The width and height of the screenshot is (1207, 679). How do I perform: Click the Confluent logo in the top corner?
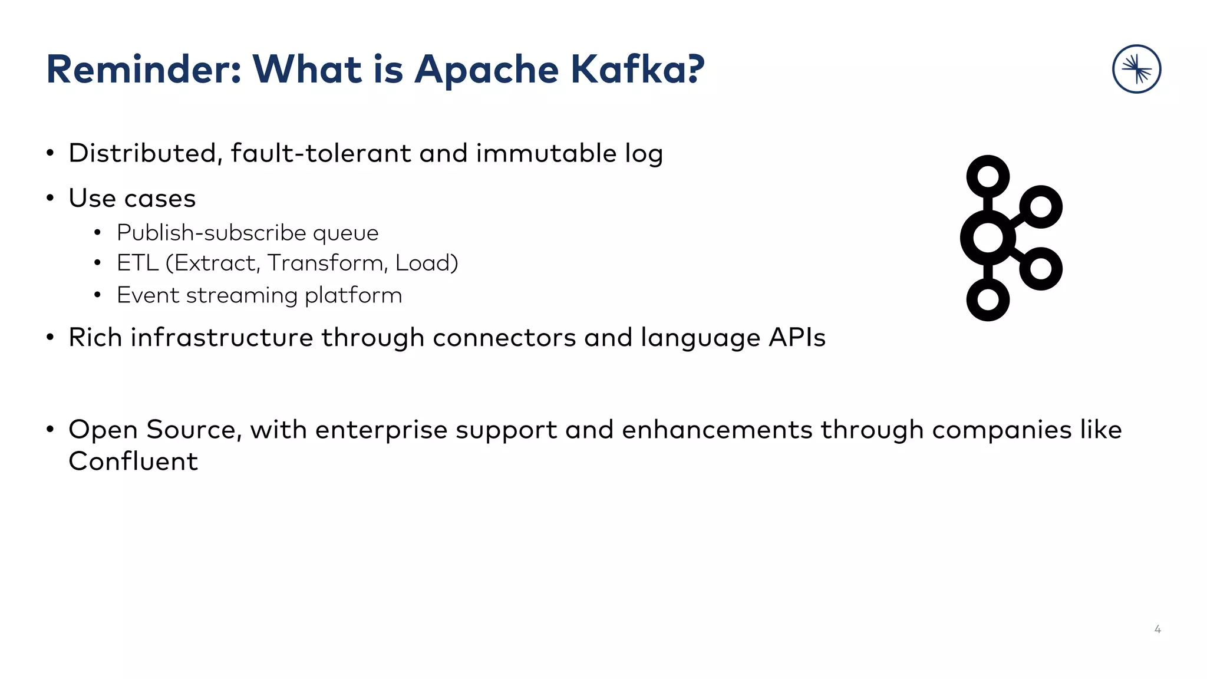point(1136,69)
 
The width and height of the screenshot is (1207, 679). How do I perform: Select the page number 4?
point(1157,629)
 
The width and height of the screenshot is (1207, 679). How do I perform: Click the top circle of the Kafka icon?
point(988,177)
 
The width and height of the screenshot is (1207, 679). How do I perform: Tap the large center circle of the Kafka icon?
point(988,238)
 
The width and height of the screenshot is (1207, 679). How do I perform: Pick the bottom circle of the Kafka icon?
point(988,299)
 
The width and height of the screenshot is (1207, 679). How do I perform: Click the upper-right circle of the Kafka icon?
point(1041,207)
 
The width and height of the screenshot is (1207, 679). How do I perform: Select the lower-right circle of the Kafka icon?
point(1041,269)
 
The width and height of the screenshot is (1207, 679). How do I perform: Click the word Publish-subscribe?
point(211,233)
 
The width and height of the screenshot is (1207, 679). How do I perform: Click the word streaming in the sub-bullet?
point(242,295)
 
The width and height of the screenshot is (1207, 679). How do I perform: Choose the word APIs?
point(797,338)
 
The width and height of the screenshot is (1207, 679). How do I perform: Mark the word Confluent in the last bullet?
point(133,462)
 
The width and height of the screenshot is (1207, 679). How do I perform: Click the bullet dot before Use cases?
point(50,199)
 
